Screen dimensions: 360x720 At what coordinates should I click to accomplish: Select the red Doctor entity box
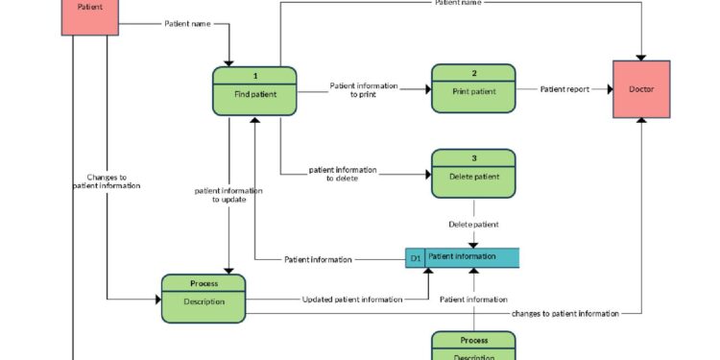tap(641, 89)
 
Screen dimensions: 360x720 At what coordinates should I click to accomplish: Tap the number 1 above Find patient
tap(254, 76)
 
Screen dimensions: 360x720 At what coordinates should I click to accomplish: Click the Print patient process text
tap(473, 92)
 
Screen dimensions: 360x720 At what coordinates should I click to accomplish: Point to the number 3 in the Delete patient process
tap(473, 157)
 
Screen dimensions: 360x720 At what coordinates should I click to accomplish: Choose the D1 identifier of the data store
tap(416, 257)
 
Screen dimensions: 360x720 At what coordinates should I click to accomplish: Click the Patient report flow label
tap(564, 89)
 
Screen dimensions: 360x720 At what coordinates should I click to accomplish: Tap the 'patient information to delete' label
tap(343, 174)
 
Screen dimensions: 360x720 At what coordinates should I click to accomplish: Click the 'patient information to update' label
tap(228, 195)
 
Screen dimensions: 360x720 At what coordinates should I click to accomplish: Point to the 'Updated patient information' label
tap(352, 300)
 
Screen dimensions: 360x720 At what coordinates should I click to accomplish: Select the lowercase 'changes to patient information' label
tap(565, 313)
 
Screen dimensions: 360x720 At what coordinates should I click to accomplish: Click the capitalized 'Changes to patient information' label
tap(107, 181)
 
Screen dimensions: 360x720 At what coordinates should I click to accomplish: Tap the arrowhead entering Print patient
tap(427, 89)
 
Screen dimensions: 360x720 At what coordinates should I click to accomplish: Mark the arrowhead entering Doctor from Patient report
tap(609, 89)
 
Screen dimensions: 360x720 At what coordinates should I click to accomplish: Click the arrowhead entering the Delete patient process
tap(427, 174)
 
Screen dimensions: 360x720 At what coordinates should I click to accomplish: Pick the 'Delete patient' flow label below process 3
tap(473, 225)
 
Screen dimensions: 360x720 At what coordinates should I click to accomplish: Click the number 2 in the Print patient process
tap(473, 73)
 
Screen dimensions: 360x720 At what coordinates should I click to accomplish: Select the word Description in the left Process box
tap(203, 301)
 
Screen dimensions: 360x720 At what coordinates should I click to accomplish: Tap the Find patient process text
tap(254, 93)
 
